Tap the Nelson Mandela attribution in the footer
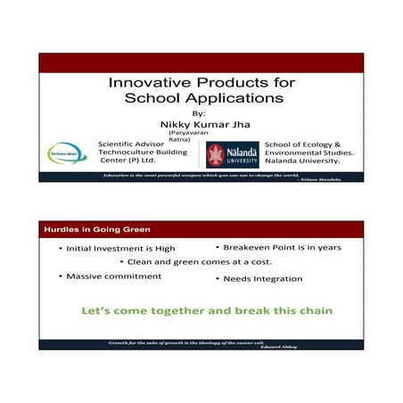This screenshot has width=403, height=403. (329, 180)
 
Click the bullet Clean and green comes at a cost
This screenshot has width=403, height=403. (200, 262)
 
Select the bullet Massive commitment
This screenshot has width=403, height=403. (113, 276)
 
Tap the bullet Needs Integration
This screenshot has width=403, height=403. (262, 279)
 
